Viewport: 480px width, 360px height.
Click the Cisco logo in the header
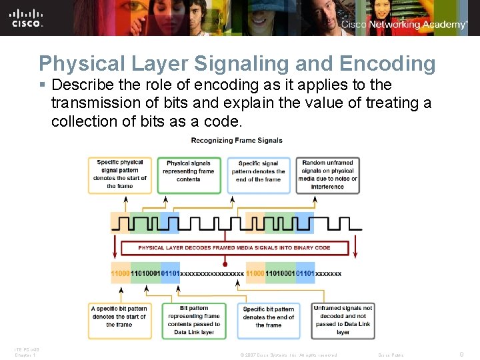coord(27,18)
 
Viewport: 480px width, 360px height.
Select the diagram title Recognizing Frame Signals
coord(237,140)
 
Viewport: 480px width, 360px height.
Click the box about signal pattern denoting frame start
coord(120,175)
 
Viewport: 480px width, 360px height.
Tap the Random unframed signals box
coord(327,175)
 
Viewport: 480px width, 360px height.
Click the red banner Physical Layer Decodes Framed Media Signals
coord(234,248)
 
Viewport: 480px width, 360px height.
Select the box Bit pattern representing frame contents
coord(193,320)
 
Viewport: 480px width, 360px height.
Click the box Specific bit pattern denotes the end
coord(269,317)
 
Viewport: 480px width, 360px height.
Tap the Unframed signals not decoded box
coord(343,320)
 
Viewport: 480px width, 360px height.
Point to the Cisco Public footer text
coord(391,355)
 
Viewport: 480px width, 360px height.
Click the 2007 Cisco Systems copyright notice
coord(288,355)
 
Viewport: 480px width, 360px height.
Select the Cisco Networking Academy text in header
coord(404,25)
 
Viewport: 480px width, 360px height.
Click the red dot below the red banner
coord(225,265)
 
